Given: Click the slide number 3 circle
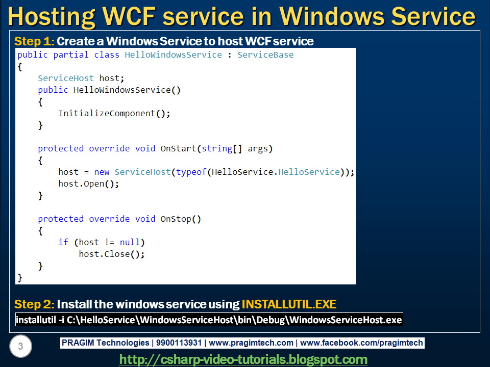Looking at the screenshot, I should (x=20, y=347).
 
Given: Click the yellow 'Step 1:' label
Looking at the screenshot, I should (x=34, y=41).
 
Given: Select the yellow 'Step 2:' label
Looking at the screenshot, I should (x=34, y=304).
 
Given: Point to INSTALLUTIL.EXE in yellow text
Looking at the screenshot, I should (x=289, y=304).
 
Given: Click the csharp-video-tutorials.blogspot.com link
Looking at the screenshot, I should (x=243, y=359).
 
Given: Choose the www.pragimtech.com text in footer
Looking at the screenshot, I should (x=251, y=343).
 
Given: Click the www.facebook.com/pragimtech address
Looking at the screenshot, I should (x=361, y=343).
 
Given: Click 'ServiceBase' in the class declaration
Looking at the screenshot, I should (x=265, y=55).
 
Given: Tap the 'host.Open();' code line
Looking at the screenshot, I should (x=88, y=183).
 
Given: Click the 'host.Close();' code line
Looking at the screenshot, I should (x=111, y=254).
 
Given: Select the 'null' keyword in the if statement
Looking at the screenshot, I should (x=132, y=242).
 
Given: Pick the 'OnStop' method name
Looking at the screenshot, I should (x=176, y=219).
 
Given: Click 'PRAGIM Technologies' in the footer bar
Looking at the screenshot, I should (x=103, y=343).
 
